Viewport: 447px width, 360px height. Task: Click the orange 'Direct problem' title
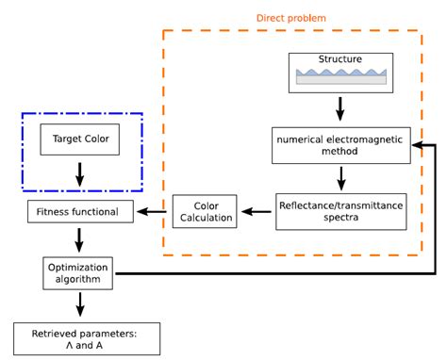(x=291, y=18)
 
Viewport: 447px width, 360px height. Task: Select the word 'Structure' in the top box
(x=340, y=59)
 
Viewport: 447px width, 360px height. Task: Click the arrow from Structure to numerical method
(x=339, y=109)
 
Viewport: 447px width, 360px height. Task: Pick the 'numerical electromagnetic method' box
(x=341, y=145)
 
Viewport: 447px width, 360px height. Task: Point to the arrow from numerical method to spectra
(x=341, y=178)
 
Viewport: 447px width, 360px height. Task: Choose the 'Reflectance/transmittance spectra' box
(x=341, y=212)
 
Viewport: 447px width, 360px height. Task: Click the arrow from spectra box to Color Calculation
(x=257, y=211)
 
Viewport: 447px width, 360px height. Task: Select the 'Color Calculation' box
(x=205, y=211)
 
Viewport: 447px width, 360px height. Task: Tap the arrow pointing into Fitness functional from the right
(x=152, y=211)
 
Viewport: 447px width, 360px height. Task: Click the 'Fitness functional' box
(x=80, y=212)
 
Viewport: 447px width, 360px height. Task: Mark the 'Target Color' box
(x=80, y=139)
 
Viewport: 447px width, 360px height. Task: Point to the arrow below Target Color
(x=80, y=174)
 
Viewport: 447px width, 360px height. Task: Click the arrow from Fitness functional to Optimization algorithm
(x=79, y=240)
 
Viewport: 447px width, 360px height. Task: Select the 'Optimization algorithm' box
(x=78, y=273)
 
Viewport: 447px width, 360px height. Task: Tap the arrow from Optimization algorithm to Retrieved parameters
(x=80, y=304)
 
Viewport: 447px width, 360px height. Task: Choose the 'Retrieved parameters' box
(x=87, y=339)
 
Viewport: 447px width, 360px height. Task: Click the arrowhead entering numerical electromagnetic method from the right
(x=418, y=145)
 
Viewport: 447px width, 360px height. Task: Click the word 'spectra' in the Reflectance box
(x=341, y=218)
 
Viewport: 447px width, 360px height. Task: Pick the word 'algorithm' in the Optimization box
(x=78, y=279)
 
